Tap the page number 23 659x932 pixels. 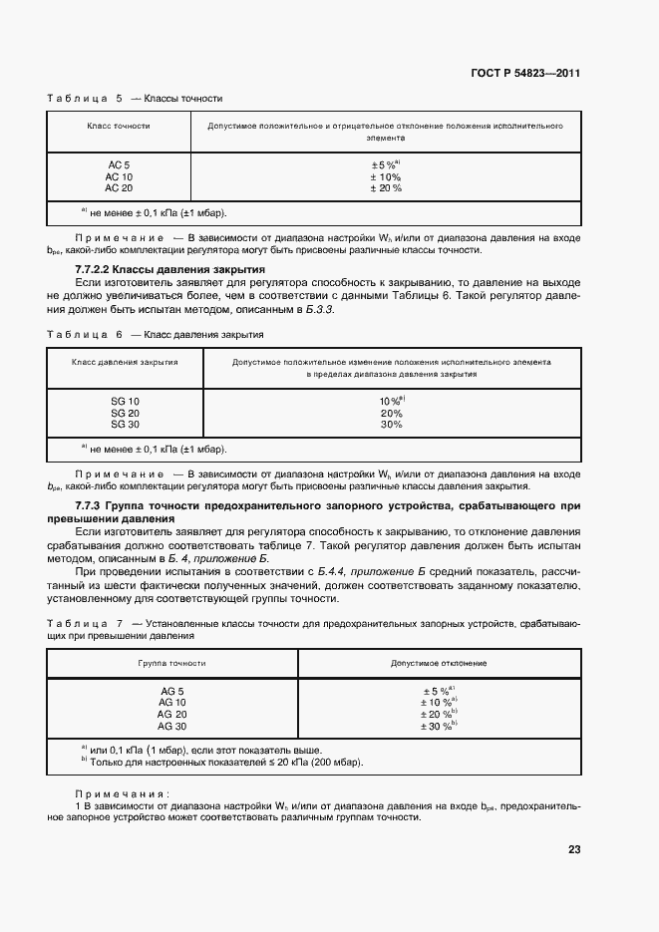click(573, 850)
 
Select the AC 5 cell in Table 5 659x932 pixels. click(119, 164)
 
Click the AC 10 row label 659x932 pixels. click(119, 176)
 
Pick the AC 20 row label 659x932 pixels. click(119, 187)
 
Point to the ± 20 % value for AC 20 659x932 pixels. click(386, 187)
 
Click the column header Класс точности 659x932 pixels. click(119, 127)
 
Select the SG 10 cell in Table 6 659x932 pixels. click(125, 401)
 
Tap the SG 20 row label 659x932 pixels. click(125, 413)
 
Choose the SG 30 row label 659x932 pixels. click(125, 425)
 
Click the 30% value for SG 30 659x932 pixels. click(391, 425)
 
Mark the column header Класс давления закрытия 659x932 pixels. click(125, 363)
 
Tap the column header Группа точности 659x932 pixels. click(172, 663)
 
